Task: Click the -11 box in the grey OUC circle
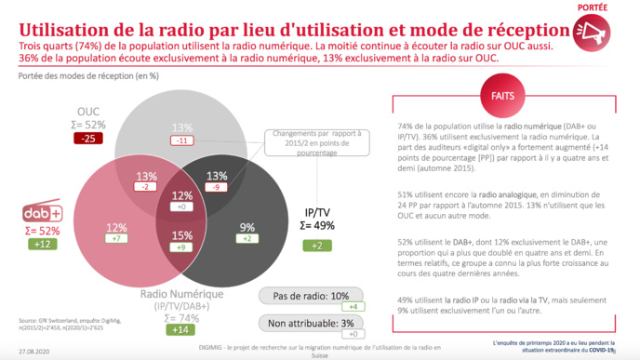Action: tap(181, 140)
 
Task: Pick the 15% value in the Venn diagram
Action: tap(181, 235)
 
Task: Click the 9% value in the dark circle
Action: tap(247, 226)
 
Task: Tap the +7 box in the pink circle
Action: tap(116, 239)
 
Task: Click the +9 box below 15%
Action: tap(181, 247)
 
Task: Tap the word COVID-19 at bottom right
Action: tap(601, 351)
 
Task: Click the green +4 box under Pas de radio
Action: tap(353, 307)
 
